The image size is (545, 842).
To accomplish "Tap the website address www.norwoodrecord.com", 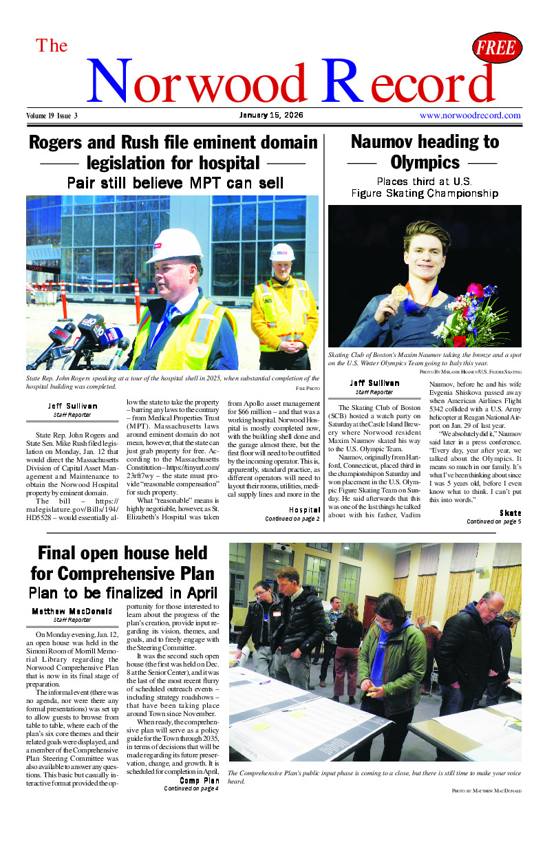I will click(470, 116).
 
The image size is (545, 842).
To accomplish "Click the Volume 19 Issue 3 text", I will click(52, 116).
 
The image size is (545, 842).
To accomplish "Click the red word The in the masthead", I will click(52, 46).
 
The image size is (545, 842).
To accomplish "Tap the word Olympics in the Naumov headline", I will click(425, 162).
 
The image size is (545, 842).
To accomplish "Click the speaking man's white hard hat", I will click(174, 245).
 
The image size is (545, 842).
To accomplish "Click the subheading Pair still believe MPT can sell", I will click(175, 183).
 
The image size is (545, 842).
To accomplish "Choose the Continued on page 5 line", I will click(493, 522).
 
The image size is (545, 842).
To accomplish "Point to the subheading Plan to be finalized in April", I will click(123, 593).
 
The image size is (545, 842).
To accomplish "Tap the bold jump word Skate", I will click(510, 513).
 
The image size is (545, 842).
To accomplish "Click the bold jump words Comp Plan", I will click(200, 780).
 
